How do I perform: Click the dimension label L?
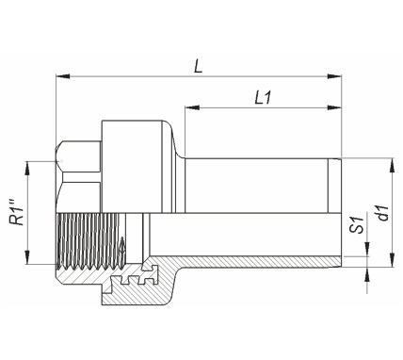199,66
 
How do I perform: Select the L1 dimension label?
263,98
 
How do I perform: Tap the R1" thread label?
18,212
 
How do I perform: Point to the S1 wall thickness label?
357,225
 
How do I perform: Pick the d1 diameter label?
383,213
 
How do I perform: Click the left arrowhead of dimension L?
63,76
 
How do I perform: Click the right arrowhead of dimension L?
334,76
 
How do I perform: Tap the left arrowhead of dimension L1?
192,107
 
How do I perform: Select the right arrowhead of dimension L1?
334,107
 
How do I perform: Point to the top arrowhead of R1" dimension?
27,169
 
